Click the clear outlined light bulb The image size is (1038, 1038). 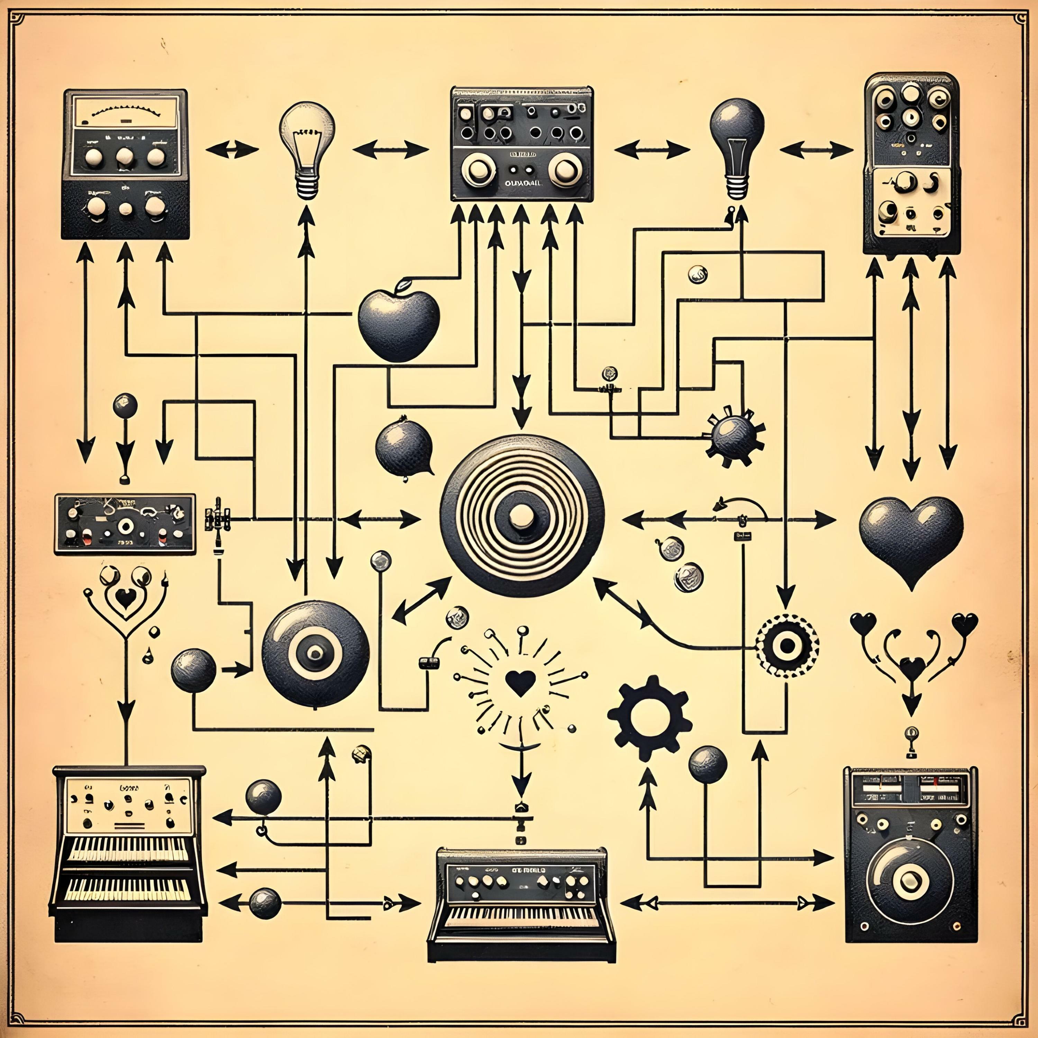307,145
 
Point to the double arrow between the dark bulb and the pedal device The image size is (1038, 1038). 817,149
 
